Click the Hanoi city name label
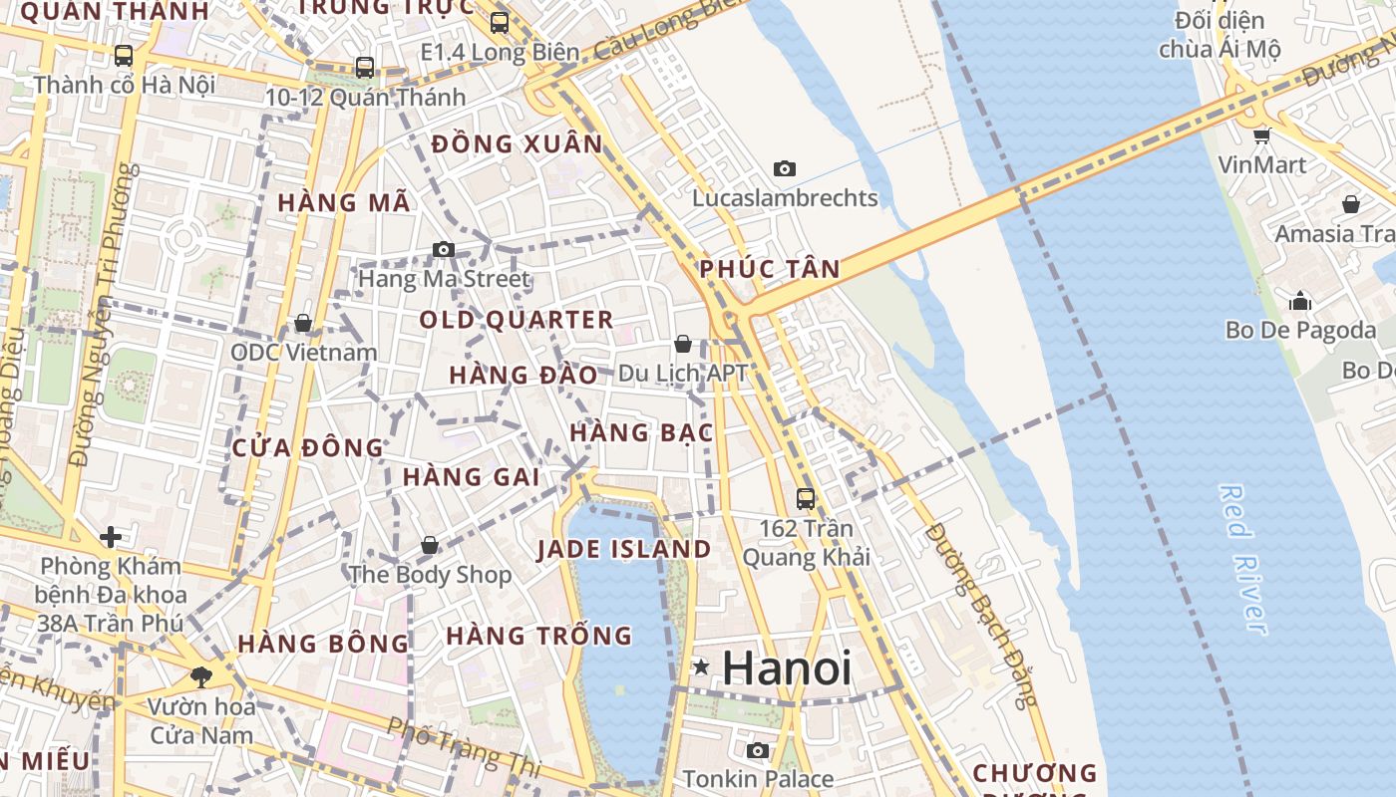(787, 667)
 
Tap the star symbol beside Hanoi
(702, 666)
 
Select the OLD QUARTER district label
(517, 320)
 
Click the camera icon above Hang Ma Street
(444, 249)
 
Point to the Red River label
(1244, 559)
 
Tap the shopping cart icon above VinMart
(1262, 135)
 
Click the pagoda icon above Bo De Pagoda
(1300, 300)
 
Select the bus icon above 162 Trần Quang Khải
(806, 498)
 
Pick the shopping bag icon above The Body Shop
(430, 545)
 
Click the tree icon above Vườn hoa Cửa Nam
(201, 677)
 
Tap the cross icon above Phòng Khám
(111, 538)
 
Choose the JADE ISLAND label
(624, 549)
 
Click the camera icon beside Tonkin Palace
(758, 750)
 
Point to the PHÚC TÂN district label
(769, 268)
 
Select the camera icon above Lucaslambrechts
(785, 168)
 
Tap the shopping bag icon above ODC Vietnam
(303, 323)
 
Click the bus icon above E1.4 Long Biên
(500, 22)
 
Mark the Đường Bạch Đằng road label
(981, 613)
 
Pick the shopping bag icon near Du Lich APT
(683, 344)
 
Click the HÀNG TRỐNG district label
(538, 635)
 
